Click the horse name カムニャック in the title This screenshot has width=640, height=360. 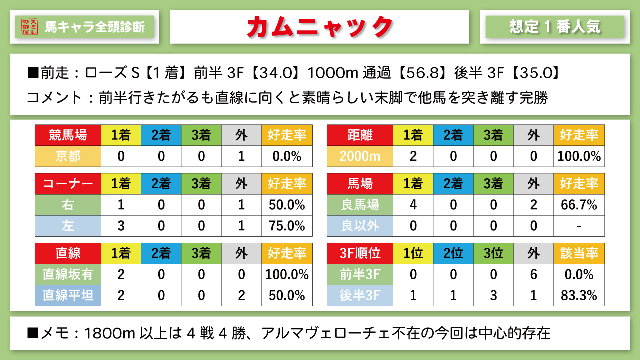pos(319,26)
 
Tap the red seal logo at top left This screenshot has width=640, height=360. pos(30,26)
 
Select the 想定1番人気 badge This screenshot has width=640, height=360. pos(555,26)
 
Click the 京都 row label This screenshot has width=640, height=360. pos(68,156)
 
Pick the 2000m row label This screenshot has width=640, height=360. pos(360,156)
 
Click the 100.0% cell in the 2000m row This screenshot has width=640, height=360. pos(579,156)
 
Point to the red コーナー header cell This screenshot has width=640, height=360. pos(68,184)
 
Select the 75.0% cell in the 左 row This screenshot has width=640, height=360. pos(287,226)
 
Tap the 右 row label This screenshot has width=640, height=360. pos(68,205)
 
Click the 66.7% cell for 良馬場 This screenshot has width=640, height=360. pos(579,205)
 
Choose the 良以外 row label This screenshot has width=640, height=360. pos(360,226)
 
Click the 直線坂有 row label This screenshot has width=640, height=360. pos(68,274)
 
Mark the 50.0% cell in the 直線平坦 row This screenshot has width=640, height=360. pos(287,295)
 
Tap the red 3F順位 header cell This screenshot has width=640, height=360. pos(360,253)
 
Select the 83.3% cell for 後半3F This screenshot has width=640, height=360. pos(579,295)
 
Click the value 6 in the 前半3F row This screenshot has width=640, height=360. pos(534,274)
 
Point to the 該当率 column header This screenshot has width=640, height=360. pos(579,253)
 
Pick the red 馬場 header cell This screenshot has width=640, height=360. pos(360,184)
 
